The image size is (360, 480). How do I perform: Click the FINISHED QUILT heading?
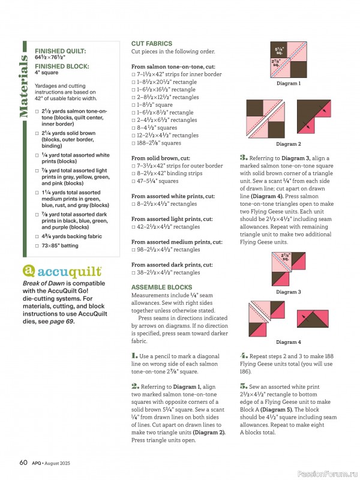click(60, 52)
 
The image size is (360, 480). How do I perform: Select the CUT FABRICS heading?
click(152, 44)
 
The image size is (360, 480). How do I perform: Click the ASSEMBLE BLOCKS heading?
click(161, 287)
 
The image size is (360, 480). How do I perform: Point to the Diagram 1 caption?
click(288, 83)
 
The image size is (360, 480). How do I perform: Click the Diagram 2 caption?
click(288, 144)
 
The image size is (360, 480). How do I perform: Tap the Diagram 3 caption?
click(288, 292)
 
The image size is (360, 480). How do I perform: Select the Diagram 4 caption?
click(288, 342)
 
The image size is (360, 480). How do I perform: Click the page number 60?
click(23, 462)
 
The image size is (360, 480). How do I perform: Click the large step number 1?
click(134, 356)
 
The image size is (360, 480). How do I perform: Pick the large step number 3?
click(244, 157)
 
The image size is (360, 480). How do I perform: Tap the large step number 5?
click(244, 386)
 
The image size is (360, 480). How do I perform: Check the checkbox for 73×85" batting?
click(37, 246)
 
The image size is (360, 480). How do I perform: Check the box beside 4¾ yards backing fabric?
click(37, 237)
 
